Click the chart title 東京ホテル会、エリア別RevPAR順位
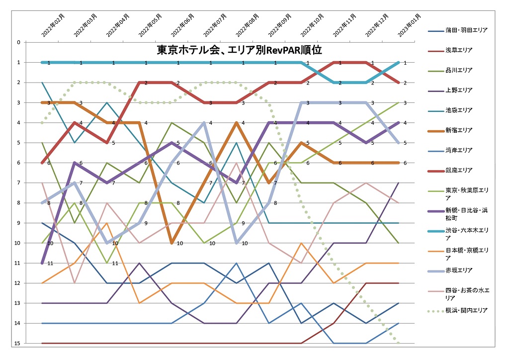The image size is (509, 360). click(x=239, y=50)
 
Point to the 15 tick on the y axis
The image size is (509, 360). click(x=31, y=343)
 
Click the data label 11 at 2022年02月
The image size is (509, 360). click(x=50, y=264)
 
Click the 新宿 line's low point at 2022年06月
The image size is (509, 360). click(x=171, y=243)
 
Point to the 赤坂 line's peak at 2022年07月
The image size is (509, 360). click(x=204, y=122)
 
